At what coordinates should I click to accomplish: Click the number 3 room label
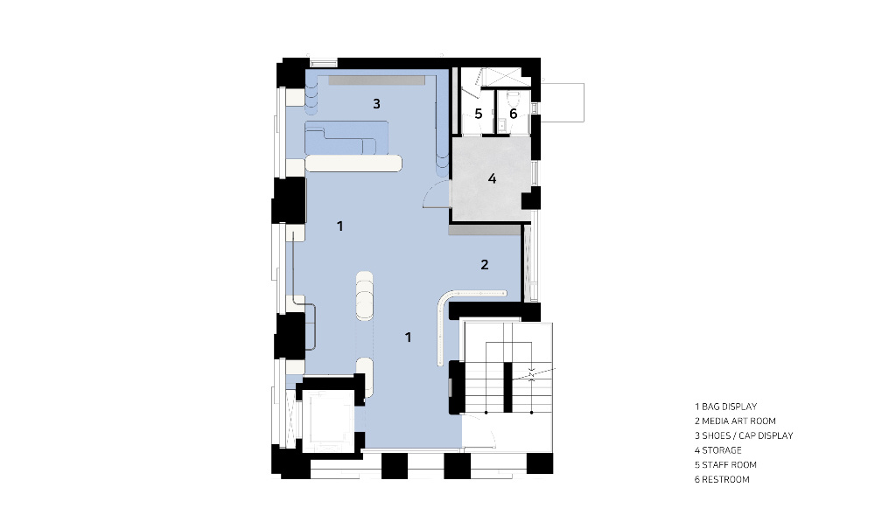(x=376, y=104)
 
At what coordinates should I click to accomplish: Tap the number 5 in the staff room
(x=479, y=114)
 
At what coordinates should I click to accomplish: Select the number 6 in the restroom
(x=514, y=114)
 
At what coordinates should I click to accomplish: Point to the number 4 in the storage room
(x=492, y=178)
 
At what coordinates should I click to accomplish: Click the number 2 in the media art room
(x=485, y=265)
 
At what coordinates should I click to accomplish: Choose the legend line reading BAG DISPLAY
(x=726, y=407)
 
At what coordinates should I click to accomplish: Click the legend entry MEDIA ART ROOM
(x=736, y=421)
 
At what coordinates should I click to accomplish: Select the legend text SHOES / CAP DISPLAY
(x=744, y=436)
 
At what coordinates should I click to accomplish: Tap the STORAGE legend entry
(x=718, y=450)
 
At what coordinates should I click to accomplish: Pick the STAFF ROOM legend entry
(x=725, y=465)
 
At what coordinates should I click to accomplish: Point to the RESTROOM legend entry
(x=722, y=479)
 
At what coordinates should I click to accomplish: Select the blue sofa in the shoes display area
(x=346, y=137)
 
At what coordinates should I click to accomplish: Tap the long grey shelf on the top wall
(x=376, y=80)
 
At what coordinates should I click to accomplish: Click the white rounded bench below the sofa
(x=353, y=164)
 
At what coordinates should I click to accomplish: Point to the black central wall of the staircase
(x=507, y=387)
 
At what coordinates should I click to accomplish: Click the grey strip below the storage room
(x=485, y=230)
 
